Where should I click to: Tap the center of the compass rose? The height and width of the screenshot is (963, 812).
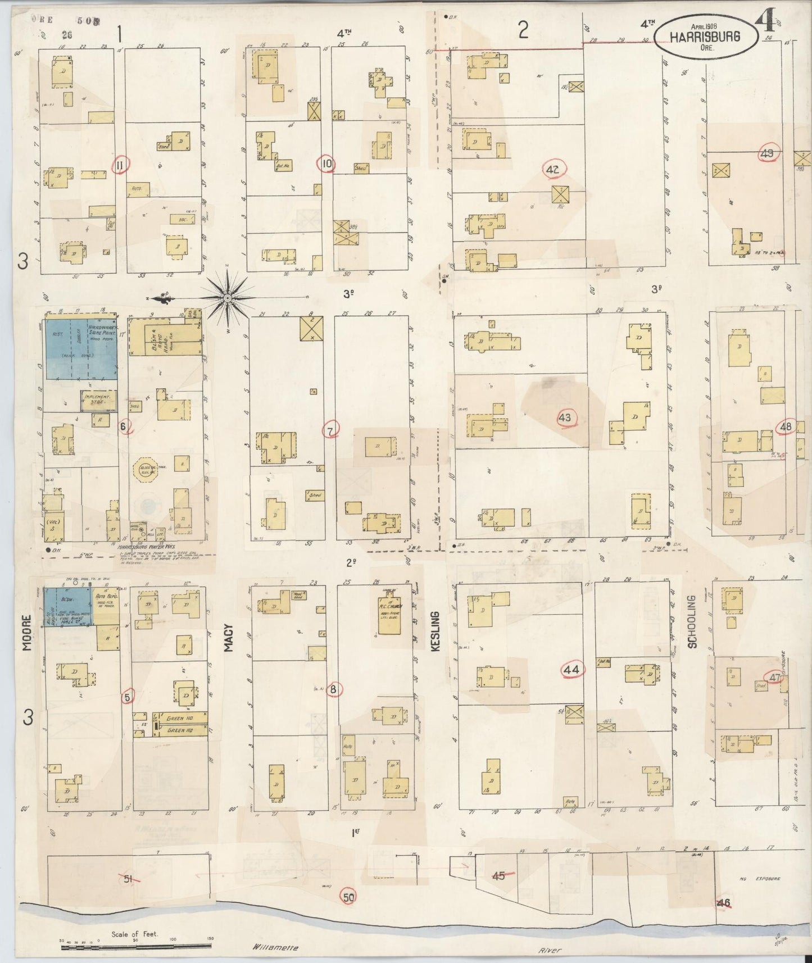227,297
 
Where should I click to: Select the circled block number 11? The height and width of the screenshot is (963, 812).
120,165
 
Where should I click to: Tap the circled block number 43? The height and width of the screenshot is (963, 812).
564,417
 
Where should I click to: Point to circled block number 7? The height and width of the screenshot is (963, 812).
330,430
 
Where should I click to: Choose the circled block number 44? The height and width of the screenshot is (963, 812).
571,670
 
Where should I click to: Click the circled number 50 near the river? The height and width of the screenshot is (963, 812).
349,897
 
